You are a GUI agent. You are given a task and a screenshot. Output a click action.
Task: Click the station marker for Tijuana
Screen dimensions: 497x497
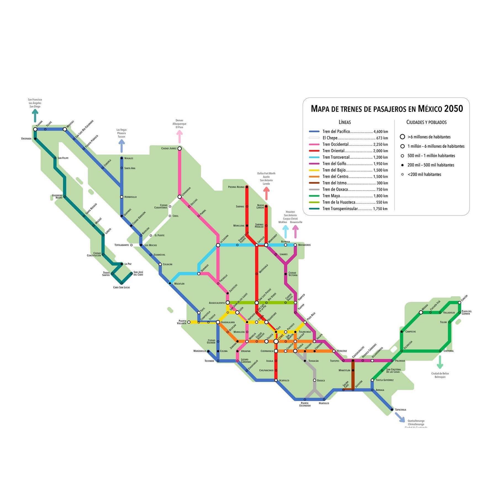(x=35, y=129)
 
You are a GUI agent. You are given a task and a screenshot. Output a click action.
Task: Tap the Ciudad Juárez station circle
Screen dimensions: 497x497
(x=179, y=149)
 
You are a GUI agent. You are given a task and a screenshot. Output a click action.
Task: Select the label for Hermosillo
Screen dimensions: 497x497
(x=130, y=197)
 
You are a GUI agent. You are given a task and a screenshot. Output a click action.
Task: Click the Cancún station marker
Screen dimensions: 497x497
(x=459, y=303)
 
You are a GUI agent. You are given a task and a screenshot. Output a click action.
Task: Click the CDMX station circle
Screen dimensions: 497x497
(x=276, y=342)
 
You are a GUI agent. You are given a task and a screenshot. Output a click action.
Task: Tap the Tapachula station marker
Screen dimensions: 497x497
(x=392, y=410)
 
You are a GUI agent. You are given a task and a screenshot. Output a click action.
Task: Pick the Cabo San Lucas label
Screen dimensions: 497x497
(x=121, y=287)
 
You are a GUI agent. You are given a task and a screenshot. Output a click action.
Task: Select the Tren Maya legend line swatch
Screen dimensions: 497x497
(x=314, y=196)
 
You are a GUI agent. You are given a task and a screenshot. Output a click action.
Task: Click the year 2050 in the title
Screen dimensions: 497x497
(x=453, y=109)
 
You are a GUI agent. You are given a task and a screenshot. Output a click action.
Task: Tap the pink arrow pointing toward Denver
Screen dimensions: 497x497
(x=179, y=136)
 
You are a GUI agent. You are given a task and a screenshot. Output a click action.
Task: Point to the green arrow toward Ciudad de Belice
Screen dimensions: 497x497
(x=440, y=362)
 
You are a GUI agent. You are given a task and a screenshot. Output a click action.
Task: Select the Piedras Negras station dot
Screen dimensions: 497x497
(x=247, y=187)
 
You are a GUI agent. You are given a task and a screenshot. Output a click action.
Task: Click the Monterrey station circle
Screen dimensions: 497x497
(x=266, y=245)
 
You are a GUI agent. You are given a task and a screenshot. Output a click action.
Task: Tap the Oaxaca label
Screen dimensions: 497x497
(x=321, y=380)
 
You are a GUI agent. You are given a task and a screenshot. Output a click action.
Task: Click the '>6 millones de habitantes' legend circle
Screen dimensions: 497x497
(x=403, y=137)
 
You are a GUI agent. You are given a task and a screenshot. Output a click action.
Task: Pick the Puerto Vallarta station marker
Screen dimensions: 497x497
(x=189, y=322)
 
